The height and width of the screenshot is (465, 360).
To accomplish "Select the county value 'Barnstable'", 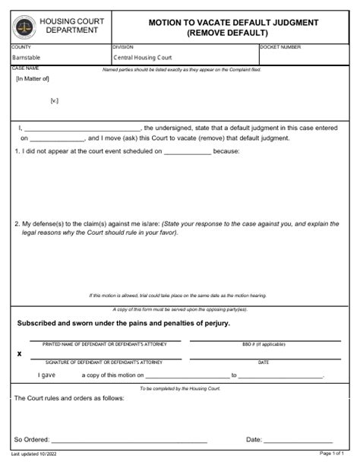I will (27, 58).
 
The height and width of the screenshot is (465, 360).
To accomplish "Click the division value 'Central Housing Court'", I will (144, 58).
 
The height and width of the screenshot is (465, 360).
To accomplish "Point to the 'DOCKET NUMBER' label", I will (280, 47).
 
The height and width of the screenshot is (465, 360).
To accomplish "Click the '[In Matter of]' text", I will (33, 77).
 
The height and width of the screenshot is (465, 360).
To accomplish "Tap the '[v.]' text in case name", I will (55, 100).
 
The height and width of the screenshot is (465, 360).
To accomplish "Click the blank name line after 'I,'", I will (84, 128).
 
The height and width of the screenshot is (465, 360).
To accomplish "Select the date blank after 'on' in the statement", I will (58, 139).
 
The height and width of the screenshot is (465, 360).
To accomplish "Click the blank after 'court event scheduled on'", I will (188, 151).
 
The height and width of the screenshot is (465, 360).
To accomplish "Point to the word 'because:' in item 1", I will (226, 151).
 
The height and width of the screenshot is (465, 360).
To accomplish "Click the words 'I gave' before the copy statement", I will (47, 375).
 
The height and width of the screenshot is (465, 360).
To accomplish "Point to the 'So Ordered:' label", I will (32, 440).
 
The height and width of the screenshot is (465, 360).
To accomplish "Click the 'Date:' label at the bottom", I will (254, 440).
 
